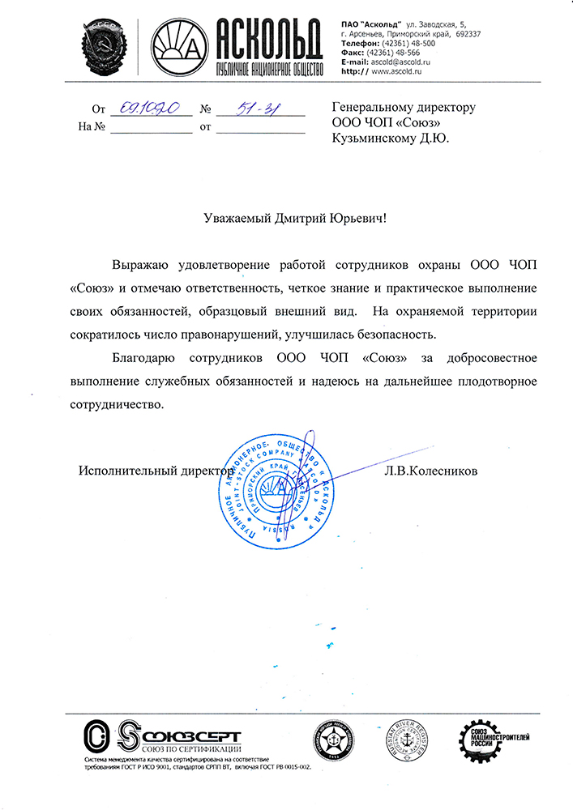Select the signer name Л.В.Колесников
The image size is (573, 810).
click(432, 471)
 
